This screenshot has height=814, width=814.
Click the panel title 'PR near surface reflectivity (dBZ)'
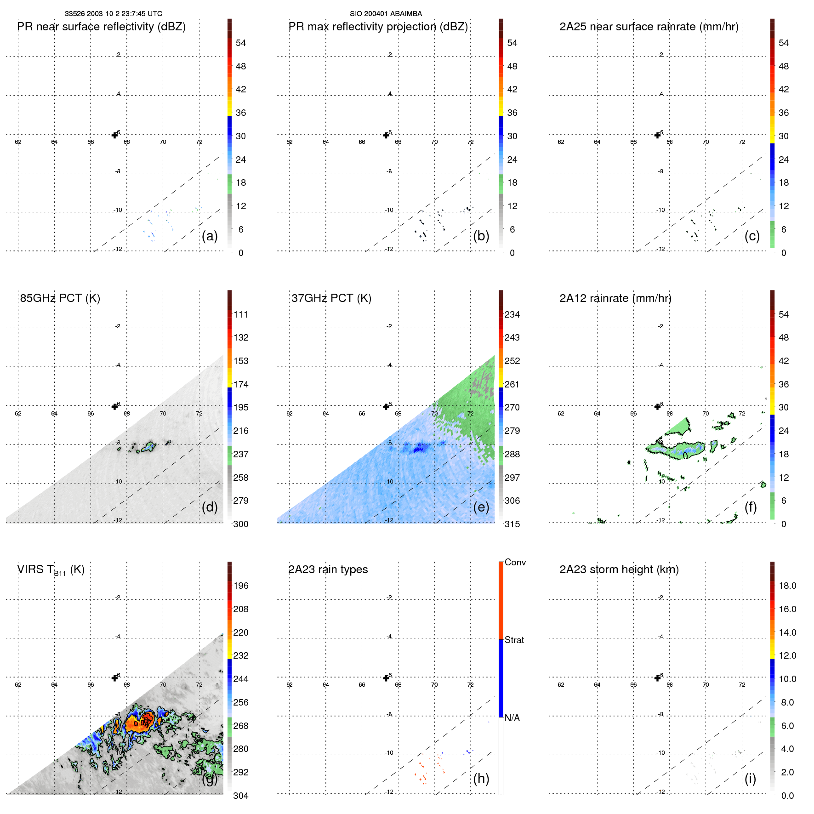coord(101,27)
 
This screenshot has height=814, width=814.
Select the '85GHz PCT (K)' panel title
coord(60,298)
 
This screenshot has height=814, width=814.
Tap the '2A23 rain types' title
coord(328,569)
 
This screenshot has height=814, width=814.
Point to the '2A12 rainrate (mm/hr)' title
coord(615,298)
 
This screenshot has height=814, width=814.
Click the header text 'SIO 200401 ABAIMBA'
coord(386,14)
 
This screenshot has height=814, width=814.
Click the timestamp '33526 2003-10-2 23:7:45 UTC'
coord(113,14)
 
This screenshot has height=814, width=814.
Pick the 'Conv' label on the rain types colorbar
coord(515,563)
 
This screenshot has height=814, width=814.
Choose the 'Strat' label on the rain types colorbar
coord(514,640)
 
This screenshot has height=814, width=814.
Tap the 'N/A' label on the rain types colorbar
coord(512,718)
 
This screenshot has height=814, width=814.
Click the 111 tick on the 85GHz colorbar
coord(240,315)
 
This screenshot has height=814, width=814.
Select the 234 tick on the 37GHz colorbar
coord(512,315)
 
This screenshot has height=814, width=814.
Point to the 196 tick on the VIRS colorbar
coord(240,586)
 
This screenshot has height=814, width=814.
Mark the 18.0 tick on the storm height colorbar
coord(787,586)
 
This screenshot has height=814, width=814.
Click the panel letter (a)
coord(210,236)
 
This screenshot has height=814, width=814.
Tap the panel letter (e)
coord(481,507)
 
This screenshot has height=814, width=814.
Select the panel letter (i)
coord(750,779)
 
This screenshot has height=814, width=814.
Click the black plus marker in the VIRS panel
coord(115,678)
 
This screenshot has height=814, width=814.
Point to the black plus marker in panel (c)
coord(658,135)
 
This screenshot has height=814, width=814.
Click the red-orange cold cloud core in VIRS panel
coord(140,723)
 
